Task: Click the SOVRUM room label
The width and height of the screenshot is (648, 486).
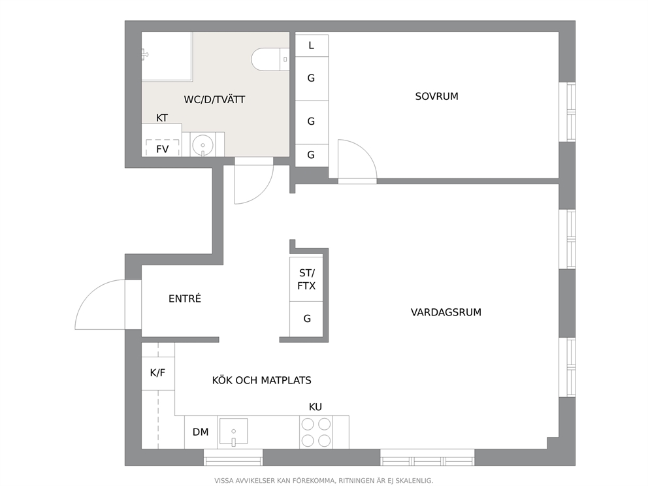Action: click(436, 96)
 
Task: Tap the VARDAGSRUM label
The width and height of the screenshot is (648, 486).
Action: click(446, 312)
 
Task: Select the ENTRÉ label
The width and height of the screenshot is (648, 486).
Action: click(185, 299)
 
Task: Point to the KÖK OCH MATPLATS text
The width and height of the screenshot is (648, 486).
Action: click(261, 380)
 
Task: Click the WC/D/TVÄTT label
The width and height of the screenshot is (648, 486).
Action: click(214, 99)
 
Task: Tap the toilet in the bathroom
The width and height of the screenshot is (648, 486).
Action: click(270, 59)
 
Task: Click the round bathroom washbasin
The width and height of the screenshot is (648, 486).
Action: click(203, 145)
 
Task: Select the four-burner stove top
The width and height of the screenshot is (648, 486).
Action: click(316, 432)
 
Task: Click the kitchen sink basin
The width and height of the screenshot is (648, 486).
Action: click(233, 431)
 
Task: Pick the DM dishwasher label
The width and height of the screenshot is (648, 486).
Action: click(201, 432)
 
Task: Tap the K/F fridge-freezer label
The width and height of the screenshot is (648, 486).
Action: click(157, 373)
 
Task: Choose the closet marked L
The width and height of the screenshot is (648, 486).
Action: click(312, 46)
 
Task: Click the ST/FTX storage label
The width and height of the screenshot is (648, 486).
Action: click(306, 280)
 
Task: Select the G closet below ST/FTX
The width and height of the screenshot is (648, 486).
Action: click(306, 319)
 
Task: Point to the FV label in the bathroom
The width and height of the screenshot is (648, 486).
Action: click(163, 149)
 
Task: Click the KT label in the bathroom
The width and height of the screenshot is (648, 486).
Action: click(161, 118)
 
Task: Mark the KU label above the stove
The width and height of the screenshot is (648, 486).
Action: click(316, 407)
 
